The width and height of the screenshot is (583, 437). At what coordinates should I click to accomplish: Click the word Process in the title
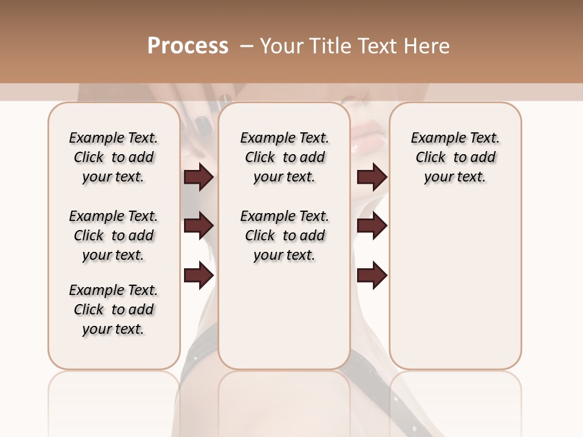pos(188,46)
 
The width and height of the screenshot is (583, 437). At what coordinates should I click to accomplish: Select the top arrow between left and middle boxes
pos(199,177)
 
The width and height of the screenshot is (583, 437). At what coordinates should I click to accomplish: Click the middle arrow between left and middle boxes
pos(199,226)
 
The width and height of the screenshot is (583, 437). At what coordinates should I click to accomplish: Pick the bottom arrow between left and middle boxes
pos(199,276)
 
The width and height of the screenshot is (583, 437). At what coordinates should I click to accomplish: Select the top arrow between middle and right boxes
pos(372,177)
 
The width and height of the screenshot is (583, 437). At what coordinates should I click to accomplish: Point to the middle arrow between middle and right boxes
pos(372,226)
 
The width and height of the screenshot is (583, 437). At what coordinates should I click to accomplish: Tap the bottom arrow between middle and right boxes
pos(372,276)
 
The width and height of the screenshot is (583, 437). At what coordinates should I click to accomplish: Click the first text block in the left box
pos(114,157)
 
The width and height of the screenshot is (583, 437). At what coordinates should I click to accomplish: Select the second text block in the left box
pos(114,235)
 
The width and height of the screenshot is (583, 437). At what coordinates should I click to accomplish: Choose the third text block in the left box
pos(114,310)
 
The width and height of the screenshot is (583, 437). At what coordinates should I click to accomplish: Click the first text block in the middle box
pos(284,157)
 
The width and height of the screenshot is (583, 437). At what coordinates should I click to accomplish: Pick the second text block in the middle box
pos(284,235)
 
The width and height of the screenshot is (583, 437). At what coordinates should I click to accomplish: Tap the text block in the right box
pos(455,157)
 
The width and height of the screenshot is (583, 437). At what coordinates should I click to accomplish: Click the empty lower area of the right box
pos(455,285)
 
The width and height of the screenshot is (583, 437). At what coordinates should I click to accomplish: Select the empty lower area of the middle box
pos(284,316)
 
